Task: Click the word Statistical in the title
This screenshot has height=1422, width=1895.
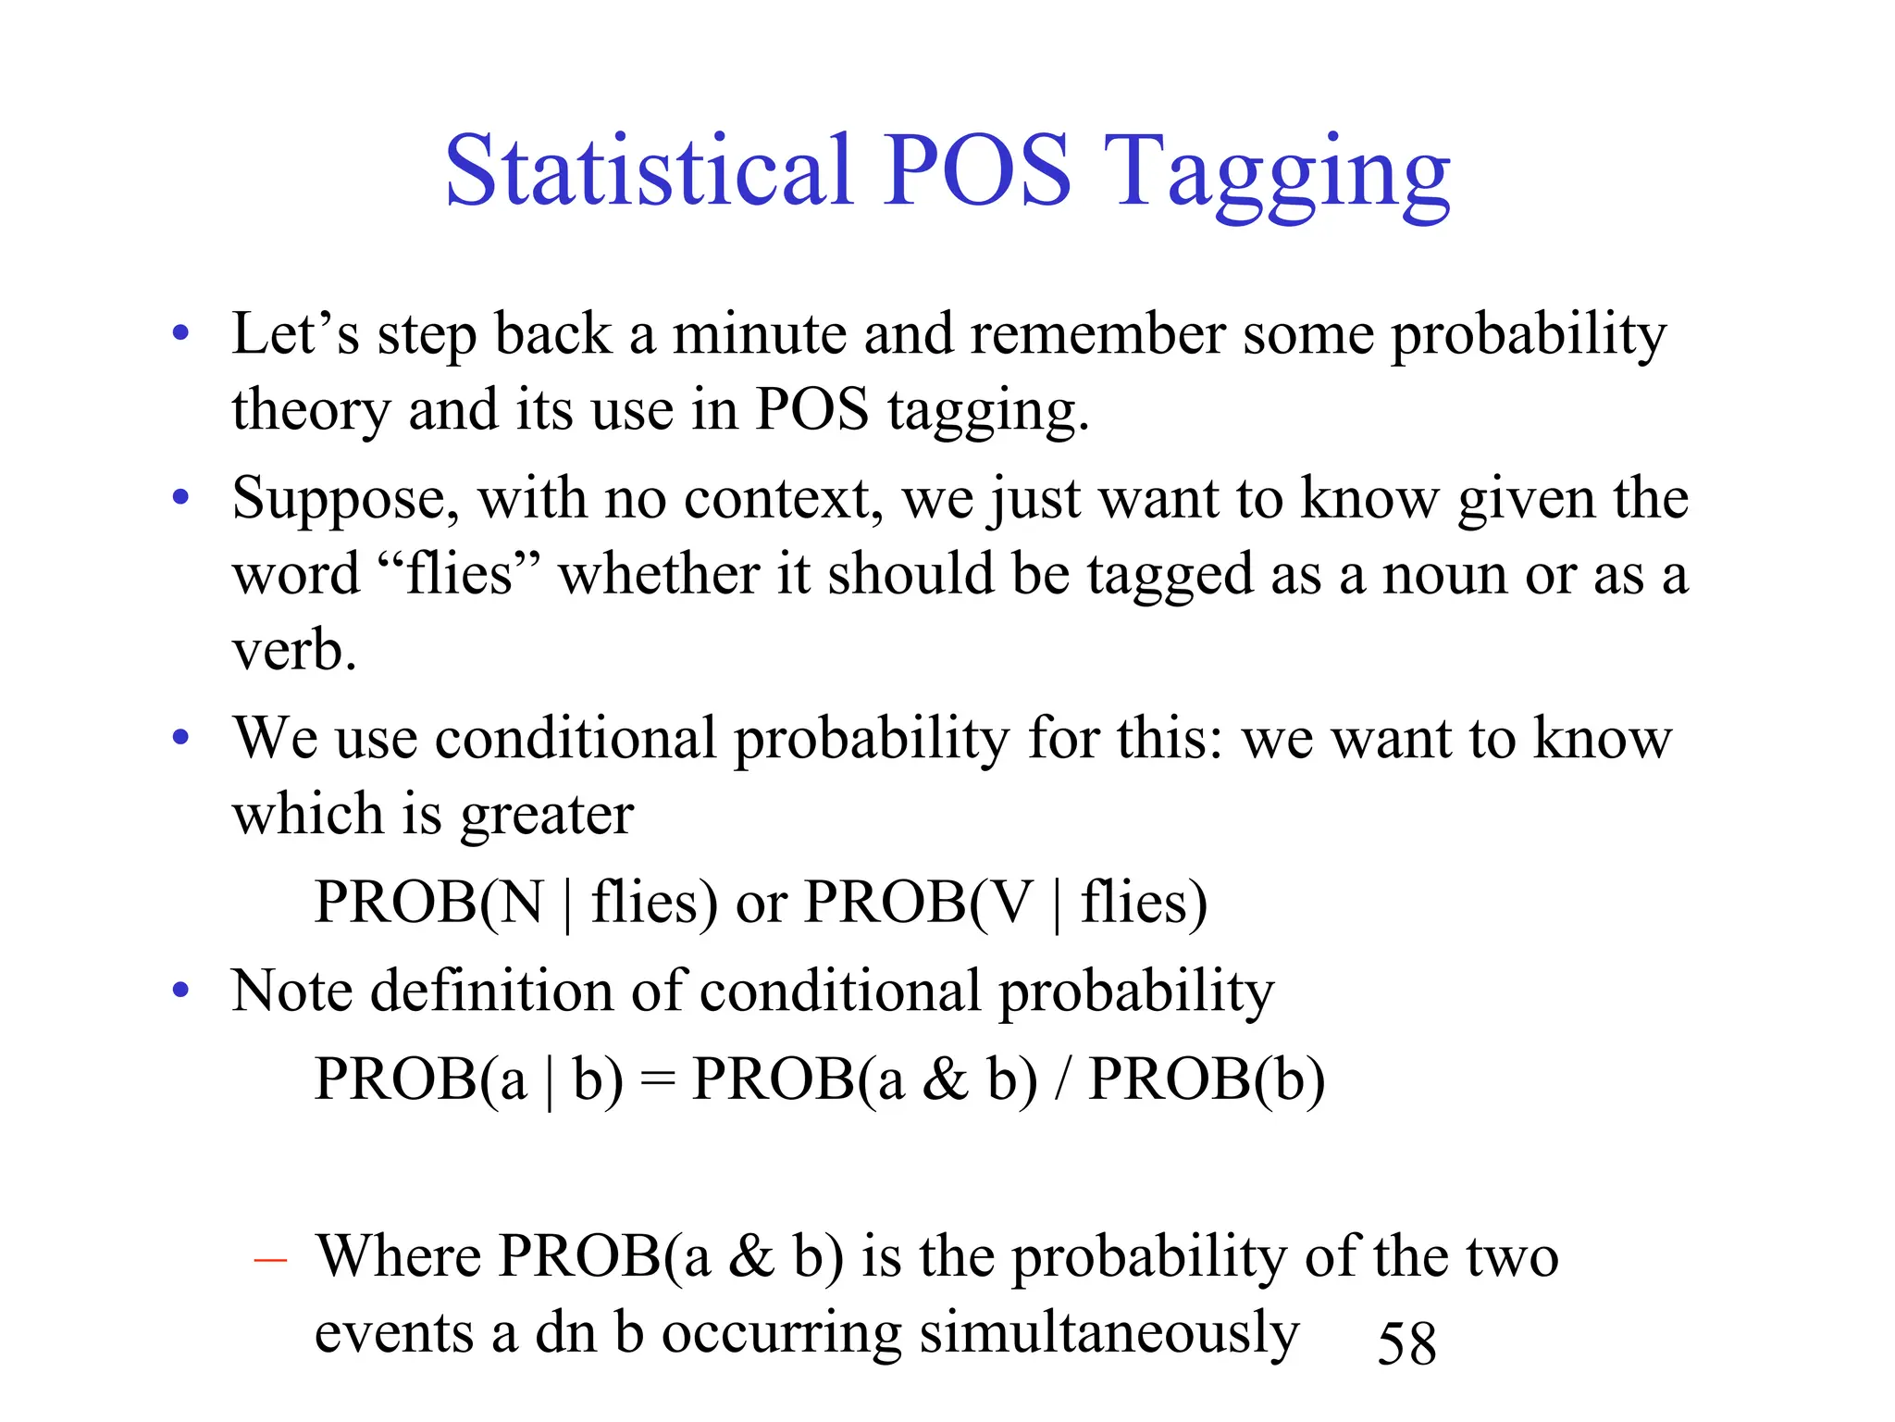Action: pyautogui.click(x=648, y=171)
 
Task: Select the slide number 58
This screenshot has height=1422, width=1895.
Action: pyautogui.click(x=1406, y=1342)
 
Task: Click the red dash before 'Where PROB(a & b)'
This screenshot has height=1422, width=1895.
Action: pyautogui.click(x=270, y=1260)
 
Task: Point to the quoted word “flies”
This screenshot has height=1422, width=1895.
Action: pyautogui.click(x=460, y=574)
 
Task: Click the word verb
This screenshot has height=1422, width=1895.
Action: pyautogui.click(x=293, y=650)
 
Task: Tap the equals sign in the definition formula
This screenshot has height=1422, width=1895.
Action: pyautogui.click(x=658, y=1081)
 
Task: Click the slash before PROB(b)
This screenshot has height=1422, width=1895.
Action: pyautogui.click(x=1063, y=1079)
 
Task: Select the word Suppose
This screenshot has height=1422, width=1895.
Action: pyautogui.click(x=345, y=500)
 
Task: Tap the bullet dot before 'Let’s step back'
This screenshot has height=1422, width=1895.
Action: pyautogui.click(x=181, y=333)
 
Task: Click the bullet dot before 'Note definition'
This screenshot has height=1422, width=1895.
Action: pyautogui.click(x=181, y=991)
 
